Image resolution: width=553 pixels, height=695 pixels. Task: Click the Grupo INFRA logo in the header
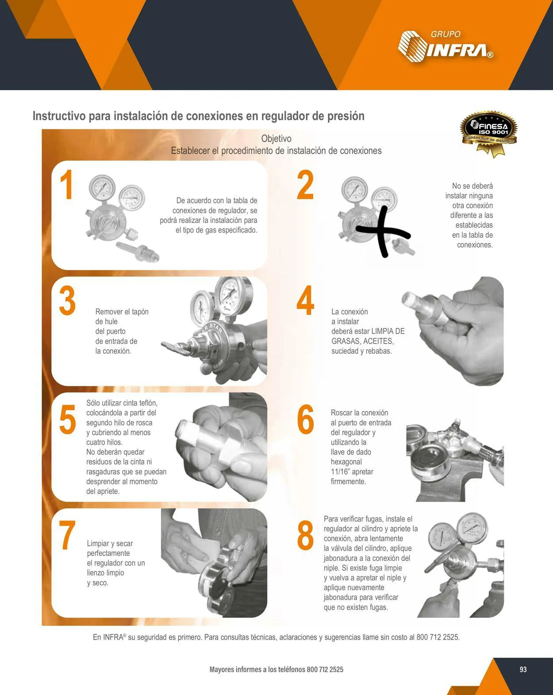coord(445,45)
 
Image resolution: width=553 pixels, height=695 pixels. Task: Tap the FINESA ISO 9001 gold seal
coord(489,133)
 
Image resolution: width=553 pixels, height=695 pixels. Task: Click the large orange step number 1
coord(67,185)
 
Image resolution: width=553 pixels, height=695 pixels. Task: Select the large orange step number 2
coord(305,185)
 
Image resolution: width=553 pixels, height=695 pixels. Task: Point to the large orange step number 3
coord(67,301)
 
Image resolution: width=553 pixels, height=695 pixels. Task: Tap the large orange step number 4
coord(305,301)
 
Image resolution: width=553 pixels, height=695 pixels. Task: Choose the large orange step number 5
coord(68,420)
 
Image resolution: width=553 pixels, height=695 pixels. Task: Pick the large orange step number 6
coord(305,419)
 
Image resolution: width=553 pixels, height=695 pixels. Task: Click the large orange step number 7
coord(67,535)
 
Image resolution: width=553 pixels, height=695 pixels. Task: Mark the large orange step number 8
coord(305,535)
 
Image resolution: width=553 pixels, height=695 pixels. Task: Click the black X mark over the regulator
coord(383,232)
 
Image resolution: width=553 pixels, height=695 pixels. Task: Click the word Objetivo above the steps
coord(276,139)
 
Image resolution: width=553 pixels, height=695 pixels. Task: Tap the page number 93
coord(523,669)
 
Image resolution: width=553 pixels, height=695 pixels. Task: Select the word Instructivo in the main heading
coord(59,116)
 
